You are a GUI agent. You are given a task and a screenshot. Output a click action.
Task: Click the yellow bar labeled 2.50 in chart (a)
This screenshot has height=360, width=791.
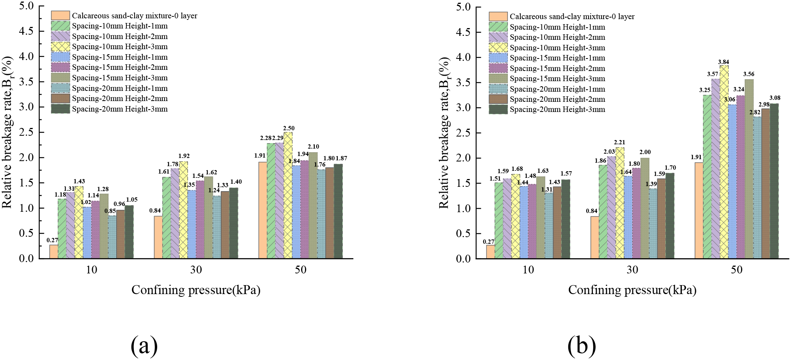tap(288, 195)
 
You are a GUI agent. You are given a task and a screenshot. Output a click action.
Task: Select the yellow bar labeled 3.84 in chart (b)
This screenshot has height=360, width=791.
tap(724, 162)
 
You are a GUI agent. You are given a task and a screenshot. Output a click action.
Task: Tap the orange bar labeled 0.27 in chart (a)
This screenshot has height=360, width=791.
tap(53, 252)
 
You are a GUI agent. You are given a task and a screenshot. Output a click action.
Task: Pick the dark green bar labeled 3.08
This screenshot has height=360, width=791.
tap(774, 181)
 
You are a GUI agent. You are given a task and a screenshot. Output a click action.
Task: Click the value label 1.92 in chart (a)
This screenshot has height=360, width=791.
tap(184, 156)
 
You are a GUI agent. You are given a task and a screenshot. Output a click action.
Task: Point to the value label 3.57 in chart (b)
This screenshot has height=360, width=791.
tap(713, 74)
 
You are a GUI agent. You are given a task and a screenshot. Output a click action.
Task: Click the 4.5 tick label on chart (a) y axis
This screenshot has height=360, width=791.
tap(26, 31)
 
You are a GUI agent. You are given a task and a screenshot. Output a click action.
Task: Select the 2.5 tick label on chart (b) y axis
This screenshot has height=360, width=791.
tap(463, 133)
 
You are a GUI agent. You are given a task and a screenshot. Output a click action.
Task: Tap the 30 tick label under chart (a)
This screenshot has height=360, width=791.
tap(196, 270)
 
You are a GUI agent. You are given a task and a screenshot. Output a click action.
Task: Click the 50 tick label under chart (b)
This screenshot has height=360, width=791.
tap(736, 270)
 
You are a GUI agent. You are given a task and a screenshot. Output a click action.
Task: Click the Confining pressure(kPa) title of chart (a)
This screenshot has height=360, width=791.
tap(196, 290)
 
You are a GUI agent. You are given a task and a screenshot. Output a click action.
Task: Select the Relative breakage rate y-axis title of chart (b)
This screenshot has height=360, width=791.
tap(444, 133)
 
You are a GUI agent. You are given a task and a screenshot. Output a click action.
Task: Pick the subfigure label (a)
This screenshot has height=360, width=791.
tap(144, 345)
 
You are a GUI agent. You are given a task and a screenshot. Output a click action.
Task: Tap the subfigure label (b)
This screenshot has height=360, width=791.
tap(582, 345)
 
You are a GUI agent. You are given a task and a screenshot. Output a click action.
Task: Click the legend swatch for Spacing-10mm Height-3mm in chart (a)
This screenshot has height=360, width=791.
tap(60, 47)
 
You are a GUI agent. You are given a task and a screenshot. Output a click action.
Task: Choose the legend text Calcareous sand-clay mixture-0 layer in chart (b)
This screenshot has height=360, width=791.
tap(572, 16)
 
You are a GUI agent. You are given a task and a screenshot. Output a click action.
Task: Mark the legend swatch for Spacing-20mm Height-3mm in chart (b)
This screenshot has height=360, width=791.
tap(498, 110)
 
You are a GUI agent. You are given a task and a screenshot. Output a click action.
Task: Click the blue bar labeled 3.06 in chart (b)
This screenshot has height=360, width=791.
tap(732, 181)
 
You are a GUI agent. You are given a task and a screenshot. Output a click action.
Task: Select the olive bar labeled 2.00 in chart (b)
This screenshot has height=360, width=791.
tap(645, 208)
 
